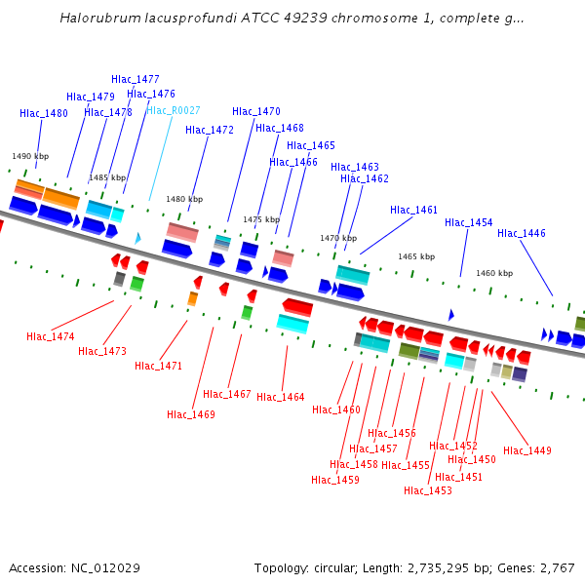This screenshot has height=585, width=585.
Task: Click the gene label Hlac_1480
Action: (x=44, y=113)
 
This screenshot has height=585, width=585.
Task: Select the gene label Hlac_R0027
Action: (x=174, y=110)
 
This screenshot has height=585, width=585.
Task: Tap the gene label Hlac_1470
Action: (x=256, y=111)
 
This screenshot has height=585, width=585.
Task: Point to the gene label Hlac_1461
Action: (x=414, y=210)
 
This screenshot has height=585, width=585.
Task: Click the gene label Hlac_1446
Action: (x=522, y=233)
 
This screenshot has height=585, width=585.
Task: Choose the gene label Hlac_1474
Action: (x=51, y=336)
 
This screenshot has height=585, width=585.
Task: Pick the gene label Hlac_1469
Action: (x=191, y=414)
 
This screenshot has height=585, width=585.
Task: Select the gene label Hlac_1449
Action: (x=527, y=450)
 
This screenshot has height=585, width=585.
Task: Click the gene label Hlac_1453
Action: (x=428, y=490)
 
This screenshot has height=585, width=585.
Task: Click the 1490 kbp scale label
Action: (x=30, y=156)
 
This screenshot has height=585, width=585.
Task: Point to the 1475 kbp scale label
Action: (x=261, y=219)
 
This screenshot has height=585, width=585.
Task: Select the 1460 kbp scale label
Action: (x=494, y=273)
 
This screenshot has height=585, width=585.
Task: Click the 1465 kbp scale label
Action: (x=416, y=256)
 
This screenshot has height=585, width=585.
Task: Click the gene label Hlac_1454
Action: (x=469, y=222)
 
